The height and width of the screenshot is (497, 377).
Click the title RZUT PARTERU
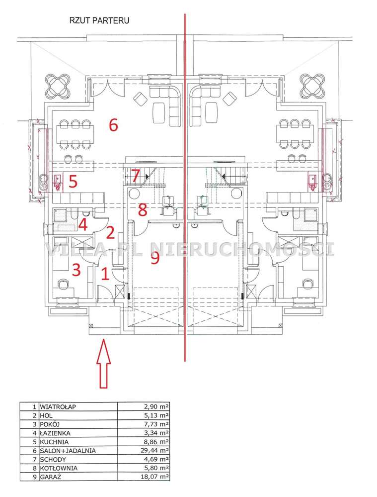click(x=99, y=20)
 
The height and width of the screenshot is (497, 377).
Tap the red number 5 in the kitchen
click(x=73, y=182)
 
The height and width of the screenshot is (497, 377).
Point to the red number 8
click(x=143, y=209)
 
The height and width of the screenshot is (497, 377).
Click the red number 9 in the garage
click(x=155, y=257)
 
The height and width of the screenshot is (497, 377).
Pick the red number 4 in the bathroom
click(x=83, y=225)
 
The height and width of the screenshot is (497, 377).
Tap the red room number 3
click(x=76, y=270)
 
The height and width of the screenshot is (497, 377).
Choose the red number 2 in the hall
click(x=110, y=233)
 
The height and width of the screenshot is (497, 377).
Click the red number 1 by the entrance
click(x=105, y=274)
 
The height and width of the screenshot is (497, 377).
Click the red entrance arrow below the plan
click(x=103, y=364)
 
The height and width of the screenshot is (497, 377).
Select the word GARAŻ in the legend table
click(x=50, y=477)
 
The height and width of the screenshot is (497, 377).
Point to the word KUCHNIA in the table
click(x=54, y=442)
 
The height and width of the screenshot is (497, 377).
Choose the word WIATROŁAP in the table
click(x=58, y=406)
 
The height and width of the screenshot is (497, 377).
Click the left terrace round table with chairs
click(x=58, y=86)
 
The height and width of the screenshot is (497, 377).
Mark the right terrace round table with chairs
click(x=312, y=86)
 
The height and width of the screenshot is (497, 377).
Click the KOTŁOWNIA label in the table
click(x=59, y=468)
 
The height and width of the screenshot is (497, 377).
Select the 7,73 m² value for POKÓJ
click(x=156, y=424)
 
